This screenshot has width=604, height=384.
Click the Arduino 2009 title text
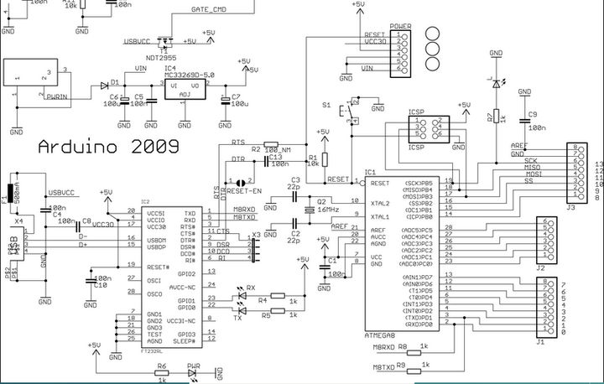(x=108, y=146)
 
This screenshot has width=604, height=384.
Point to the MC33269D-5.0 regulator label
(x=189, y=75)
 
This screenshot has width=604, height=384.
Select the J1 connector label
(x=541, y=341)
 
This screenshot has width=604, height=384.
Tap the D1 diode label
(x=104, y=82)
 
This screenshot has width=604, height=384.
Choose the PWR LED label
(x=194, y=366)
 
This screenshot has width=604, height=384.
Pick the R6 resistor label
(x=161, y=366)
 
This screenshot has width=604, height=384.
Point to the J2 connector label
(x=541, y=267)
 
